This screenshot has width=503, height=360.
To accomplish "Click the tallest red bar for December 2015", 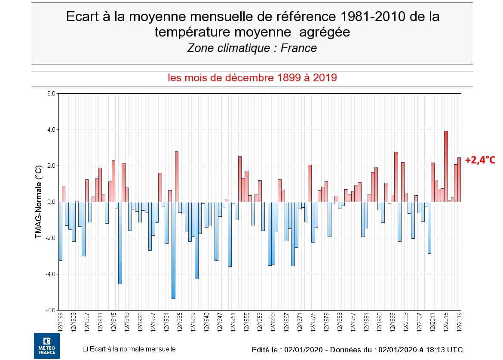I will (446, 166).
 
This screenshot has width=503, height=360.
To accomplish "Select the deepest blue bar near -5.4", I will (173, 250).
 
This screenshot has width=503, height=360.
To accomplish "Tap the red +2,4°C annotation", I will (480, 160).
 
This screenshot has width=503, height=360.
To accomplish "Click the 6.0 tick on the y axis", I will (51, 94).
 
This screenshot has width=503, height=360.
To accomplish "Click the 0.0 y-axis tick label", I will (51, 202).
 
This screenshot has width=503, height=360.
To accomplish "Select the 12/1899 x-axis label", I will (60, 321).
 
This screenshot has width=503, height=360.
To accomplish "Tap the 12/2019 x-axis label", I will (459, 321).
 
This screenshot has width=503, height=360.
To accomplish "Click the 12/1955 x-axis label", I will (246, 321).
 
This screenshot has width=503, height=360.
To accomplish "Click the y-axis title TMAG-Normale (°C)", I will (39, 202).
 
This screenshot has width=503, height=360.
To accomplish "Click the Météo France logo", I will (46, 345).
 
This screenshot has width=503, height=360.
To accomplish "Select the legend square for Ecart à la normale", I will (86, 349).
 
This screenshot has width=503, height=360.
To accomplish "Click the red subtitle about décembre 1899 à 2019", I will (252, 78).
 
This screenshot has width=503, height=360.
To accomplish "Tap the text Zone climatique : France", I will (252, 48).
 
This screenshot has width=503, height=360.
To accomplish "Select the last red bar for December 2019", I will (459, 179).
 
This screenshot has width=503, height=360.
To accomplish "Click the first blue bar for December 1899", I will (60, 231).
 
